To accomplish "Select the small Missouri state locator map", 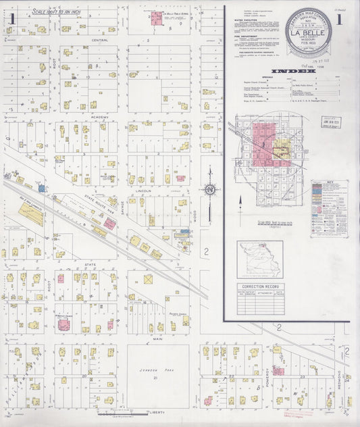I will [x=260, y=257].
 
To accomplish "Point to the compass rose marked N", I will [x=210, y=190].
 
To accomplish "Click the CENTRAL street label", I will [x=100, y=41].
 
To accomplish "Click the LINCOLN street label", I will [x=143, y=191].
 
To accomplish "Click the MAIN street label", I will [x=158, y=338].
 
